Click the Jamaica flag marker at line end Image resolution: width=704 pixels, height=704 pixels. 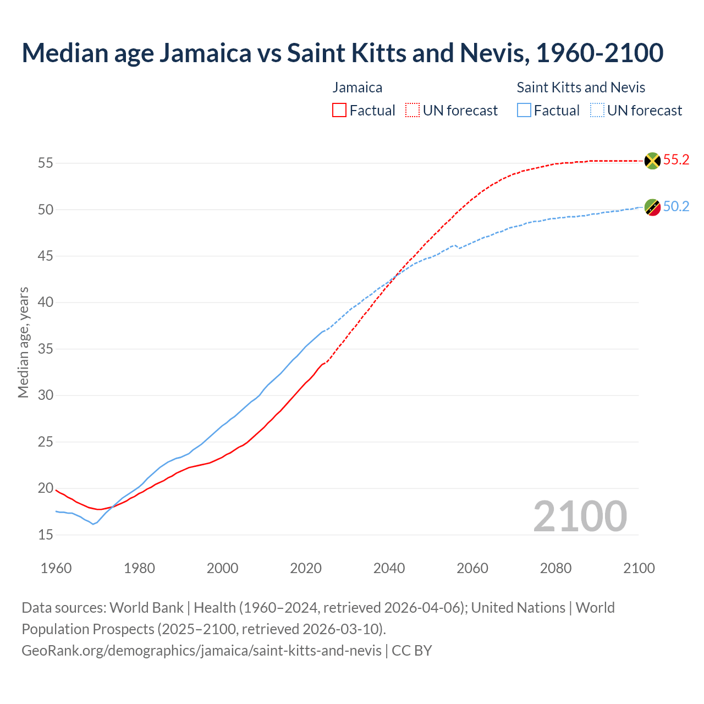[x=652, y=161]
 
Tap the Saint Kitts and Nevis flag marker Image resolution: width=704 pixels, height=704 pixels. [x=652, y=207]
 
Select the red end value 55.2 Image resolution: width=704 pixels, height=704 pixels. [x=676, y=160]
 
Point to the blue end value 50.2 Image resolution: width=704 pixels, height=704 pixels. [x=676, y=207]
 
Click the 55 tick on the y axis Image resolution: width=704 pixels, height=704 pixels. [x=46, y=163]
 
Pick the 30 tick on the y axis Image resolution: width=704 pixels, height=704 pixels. [x=46, y=395]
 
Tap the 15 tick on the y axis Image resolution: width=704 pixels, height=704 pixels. [x=46, y=535]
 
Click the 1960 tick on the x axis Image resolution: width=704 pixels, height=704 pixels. [x=56, y=568]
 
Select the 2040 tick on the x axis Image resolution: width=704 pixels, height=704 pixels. [x=389, y=568]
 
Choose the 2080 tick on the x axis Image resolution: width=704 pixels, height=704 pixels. [x=555, y=568]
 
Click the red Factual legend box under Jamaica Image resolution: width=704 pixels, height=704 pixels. [x=339, y=111]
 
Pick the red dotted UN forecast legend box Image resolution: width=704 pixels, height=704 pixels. [x=413, y=111]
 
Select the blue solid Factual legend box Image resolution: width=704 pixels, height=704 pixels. [x=524, y=111]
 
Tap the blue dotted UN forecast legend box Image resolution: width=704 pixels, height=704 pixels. [x=597, y=111]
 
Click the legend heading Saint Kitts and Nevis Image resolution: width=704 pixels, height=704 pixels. [x=581, y=87]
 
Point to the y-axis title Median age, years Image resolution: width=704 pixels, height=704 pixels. [x=23, y=342]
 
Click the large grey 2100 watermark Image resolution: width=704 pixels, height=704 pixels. [x=580, y=516]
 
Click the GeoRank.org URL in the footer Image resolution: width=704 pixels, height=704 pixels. [x=201, y=651]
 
